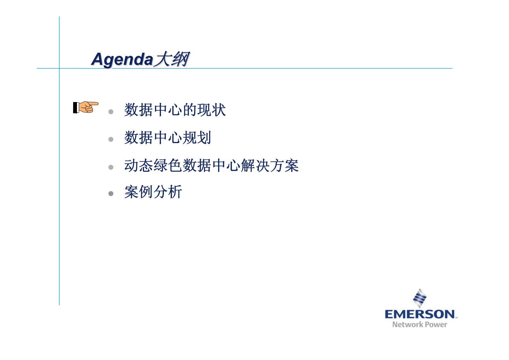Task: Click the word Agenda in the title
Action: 122,60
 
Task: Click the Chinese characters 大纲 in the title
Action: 172,59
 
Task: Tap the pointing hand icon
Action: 86,107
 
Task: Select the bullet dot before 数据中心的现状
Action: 111,112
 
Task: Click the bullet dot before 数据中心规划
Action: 111,139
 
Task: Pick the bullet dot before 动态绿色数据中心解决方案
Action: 111,167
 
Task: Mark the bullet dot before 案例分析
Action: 111,193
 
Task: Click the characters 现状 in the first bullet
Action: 212,110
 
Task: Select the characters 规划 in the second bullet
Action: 197,138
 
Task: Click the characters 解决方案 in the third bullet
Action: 269,166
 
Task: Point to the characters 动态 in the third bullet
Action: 139,166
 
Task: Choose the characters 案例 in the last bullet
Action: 139,192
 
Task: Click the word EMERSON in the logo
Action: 420,314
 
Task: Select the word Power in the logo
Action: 436,324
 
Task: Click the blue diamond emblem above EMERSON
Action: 420,298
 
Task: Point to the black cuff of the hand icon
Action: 75,107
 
